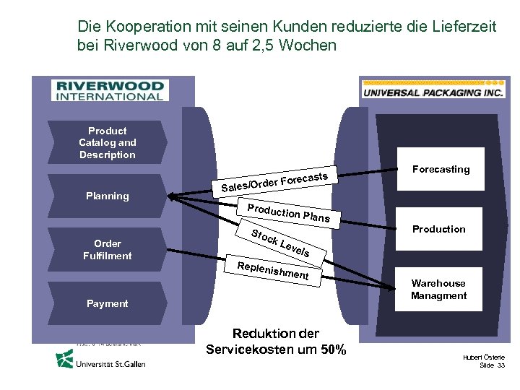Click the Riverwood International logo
click(108, 90)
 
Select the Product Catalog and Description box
click(108, 142)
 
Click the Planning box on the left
click(107, 196)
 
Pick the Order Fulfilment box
click(107, 249)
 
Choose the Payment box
click(107, 303)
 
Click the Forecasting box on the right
click(441, 169)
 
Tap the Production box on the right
click(438, 229)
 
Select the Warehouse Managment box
click(438, 289)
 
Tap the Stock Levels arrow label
click(281, 243)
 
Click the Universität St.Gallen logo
click(101, 359)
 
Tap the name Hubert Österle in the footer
click(484, 357)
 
